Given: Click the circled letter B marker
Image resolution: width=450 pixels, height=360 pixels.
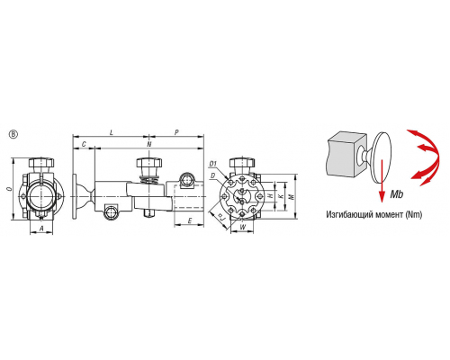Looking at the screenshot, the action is coord(13,134).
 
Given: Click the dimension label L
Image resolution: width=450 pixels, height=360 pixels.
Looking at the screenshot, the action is coord(112,132).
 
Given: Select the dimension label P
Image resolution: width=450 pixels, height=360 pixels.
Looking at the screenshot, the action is coord(176,132).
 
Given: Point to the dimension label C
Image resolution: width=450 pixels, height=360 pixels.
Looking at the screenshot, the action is coord(84,144).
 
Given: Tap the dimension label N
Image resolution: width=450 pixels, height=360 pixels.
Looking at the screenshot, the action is coord(149,144).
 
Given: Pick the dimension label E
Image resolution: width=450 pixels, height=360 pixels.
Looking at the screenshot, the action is coord(190,221).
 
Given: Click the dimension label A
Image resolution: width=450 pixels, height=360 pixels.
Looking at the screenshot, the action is coord(41,229).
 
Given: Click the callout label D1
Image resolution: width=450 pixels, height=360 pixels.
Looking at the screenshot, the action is coord(213,164).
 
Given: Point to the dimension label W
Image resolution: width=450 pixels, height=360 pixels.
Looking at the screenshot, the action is coord(243,227).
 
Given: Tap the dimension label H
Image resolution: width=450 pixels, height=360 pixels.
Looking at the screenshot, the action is coord(271,196).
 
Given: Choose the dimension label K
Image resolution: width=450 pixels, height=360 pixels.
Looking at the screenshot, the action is coord(281,196).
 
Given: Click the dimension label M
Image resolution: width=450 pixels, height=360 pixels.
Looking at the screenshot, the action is coord(291,196).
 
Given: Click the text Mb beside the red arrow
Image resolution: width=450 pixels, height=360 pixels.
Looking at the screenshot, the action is coord(397,194).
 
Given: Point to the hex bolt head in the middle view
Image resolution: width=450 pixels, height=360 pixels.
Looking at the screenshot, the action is coord(149,163).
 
